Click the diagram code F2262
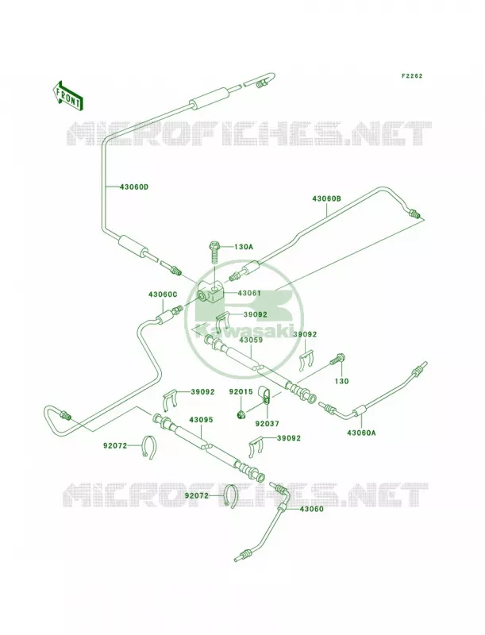[412, 75]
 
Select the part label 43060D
[134, 187]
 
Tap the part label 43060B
[326, 198]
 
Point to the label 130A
[244, 247]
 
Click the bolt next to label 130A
[214, 252]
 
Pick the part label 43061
[249, 293]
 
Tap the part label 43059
[251, 340]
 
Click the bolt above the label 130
[337, 360]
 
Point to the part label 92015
[241, 391]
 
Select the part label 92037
[268, 424]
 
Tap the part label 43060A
[361, 433]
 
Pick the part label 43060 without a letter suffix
[312, 509]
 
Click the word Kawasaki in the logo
[243, 329]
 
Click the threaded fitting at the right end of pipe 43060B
[414, 213]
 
